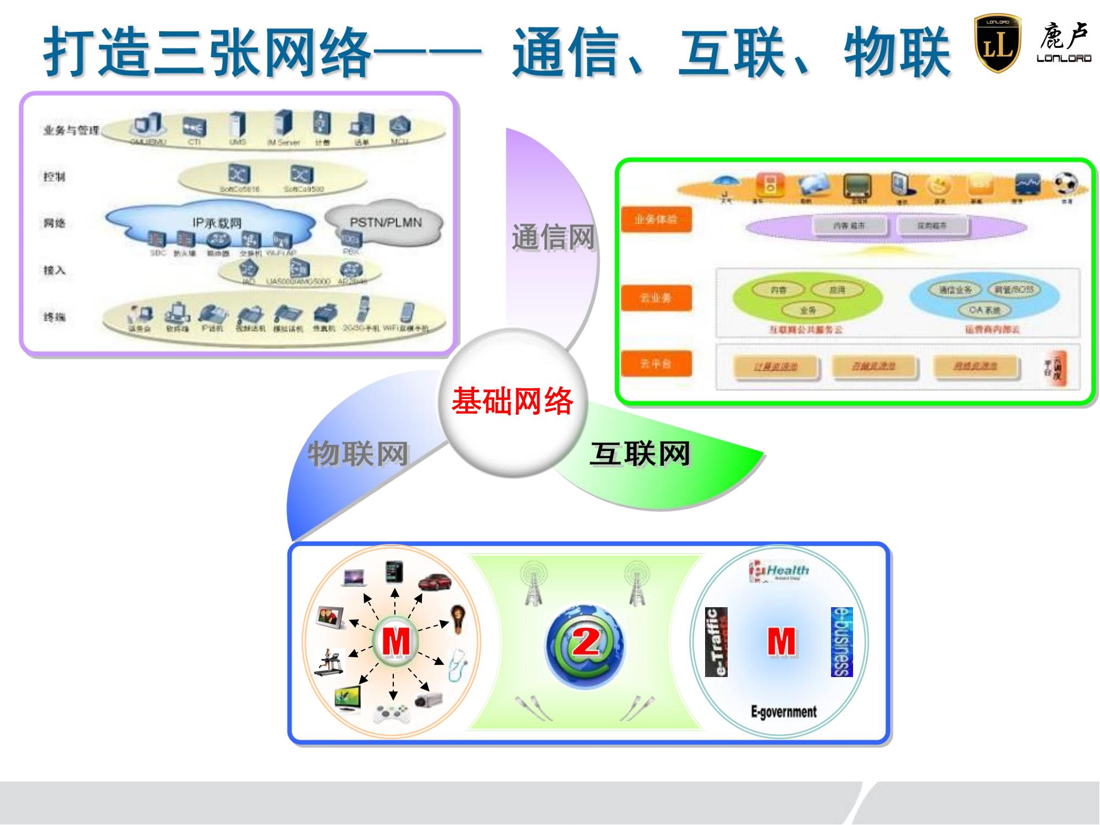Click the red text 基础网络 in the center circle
[x=513, y=400]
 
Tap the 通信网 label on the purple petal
[x=553, y=238]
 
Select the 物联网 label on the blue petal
[x=358, y=454]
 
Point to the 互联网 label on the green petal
[x=640, y=454]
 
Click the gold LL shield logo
[x=997, y=44]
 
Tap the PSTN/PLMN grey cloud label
[x=386, y=223]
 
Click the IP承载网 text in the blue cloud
[x=217, y=223]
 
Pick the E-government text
[x=784, y=712]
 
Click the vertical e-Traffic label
[x=717, y=642]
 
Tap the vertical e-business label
[x=842, y=642]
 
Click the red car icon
[x=435, y=581]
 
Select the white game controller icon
[x=392, y=713]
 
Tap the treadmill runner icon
[x=329, y=661]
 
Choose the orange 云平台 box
[x=656, y=364]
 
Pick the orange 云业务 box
[x=656, y=298]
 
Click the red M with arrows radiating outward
[x=395, y=641]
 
